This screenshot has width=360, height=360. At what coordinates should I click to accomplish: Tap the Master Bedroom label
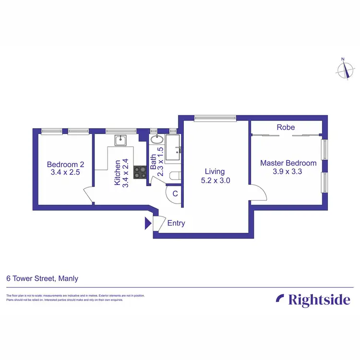point(288,163)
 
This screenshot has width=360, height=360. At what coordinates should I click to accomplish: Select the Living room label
point(215,171)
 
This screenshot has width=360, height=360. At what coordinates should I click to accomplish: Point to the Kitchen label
point(117,173)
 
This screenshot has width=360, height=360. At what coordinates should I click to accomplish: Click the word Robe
point(286,128)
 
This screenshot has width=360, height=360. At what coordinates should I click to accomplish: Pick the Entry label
point(176,223)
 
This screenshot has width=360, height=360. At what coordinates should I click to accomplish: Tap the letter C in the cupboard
point(175,194)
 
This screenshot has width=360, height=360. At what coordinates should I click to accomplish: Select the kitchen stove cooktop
point(140,172)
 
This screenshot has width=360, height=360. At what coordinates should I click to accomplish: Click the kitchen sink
point(120,141)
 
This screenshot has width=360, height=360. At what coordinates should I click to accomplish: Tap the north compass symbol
point(344,69)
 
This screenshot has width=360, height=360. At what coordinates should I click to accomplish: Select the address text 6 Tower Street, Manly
point(42,278)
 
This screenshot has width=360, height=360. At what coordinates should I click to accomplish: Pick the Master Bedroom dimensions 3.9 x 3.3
point(288,172)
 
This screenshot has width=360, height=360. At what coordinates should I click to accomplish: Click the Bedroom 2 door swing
point(89,195)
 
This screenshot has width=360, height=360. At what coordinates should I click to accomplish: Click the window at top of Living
point(215,117)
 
